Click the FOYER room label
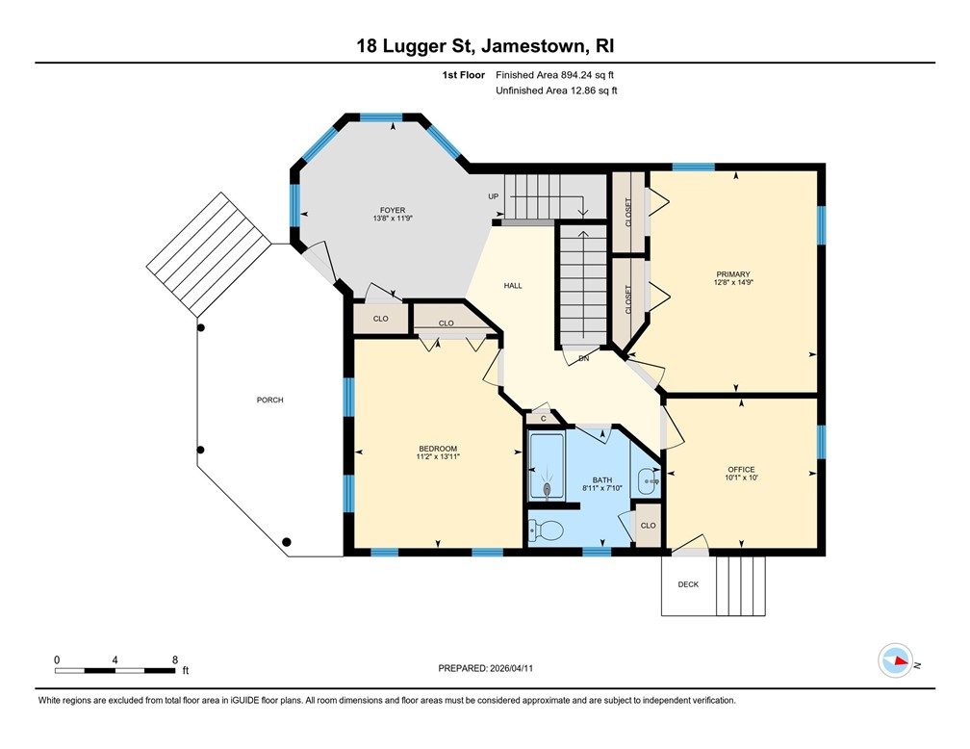pyautogui.click(x=393, y=211)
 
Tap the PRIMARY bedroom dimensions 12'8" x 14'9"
pyautogui.click(x=733, y=282)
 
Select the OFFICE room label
pyautogui.click(x=741, y=469)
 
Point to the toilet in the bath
pyautogui.click(x=546, y=530)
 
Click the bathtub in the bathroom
pyautogui.click(x=547, y=467)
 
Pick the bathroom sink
pyautogui.click(x=649, y=481)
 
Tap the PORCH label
pyautogui.click(x=270, y=400)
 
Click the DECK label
pyautogui.click(x=688, y=584)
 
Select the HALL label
pyautogui.click(x=513, y=285)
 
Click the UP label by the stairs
pyautogui.click(x=493, y=196)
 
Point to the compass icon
pyautogui.click(x=896, y=660)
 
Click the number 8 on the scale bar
pyautogui.click(x=175, y=659)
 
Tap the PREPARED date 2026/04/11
pyautogui.click(x=511, y=668)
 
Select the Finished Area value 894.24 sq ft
pyautogui.click(x=587, y=75)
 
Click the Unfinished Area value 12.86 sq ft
pyautogui.click(x=594, y=90)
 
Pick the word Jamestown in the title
pyautogui.click(x=534, y=46)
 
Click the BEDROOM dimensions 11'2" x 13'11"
pyautogui.click(x=438, y=457)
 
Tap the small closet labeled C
pyautogui.click(x=543, y=419)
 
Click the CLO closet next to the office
pyautogui.click(x=648, y=526)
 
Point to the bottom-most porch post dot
pyautogui.click(x=287, y=542)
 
